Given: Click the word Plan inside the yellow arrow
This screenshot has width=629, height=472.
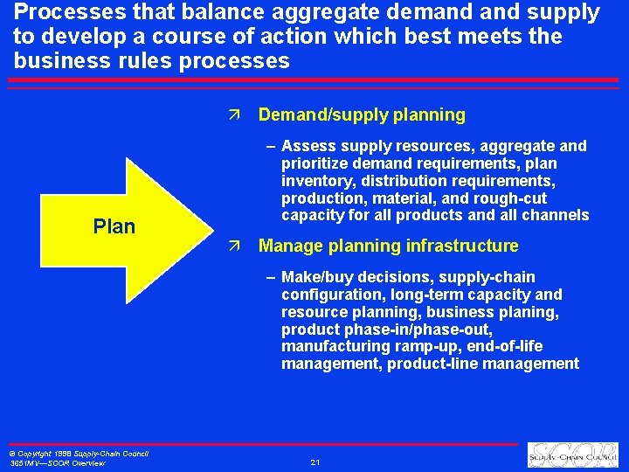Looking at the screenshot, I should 114,226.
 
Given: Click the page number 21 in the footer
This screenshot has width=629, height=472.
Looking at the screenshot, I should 314,462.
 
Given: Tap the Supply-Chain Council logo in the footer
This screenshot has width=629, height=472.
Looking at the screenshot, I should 574,455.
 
